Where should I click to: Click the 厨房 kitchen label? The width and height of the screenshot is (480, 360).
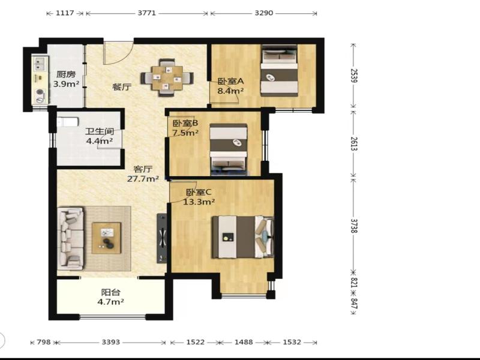(66, 74)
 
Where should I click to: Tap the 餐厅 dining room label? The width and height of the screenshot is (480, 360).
(122, 87)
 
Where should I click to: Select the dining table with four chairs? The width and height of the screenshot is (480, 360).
(167, 77)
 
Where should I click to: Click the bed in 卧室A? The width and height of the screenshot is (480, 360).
(279, 70)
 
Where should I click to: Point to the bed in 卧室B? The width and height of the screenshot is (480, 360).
(229, 149)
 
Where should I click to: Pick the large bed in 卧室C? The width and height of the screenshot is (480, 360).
(243, 237)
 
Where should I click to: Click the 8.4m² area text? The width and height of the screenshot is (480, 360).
(230, 91)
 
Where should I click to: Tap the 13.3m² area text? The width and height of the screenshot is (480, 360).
(199, 202)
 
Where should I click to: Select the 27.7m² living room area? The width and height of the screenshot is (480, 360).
(143, 179)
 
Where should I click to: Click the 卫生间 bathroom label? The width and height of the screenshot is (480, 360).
(100, 131)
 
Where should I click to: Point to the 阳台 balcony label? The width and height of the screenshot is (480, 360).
(111, 292)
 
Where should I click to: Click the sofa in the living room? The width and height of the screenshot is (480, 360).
(71, 238)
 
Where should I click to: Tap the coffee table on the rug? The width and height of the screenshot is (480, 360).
(107, 238)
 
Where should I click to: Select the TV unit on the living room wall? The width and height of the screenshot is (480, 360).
(162, 238)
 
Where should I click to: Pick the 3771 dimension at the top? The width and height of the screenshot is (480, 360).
(146, 13)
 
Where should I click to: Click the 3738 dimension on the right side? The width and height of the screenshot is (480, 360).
(353, 226)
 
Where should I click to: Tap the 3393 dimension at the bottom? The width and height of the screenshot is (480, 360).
(111, 342)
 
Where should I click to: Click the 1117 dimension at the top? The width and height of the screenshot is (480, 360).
(65, 13)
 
